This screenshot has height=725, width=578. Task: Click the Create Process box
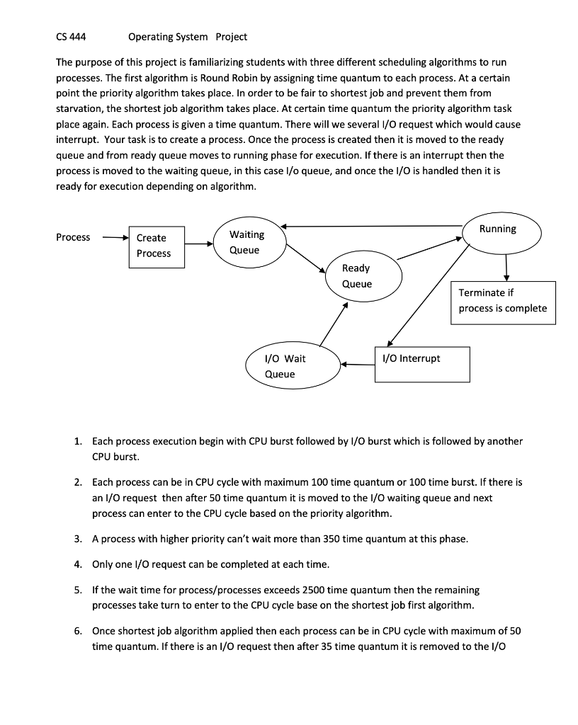(157, 246)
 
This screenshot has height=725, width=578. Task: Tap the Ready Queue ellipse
(361, 275)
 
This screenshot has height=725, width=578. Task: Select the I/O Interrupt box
(422, 364)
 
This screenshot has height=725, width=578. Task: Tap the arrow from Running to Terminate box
(506, 268)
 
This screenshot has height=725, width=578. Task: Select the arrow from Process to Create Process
(113, 238)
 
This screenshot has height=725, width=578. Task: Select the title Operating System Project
(188, 37)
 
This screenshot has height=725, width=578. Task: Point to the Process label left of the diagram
(73, 237)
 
